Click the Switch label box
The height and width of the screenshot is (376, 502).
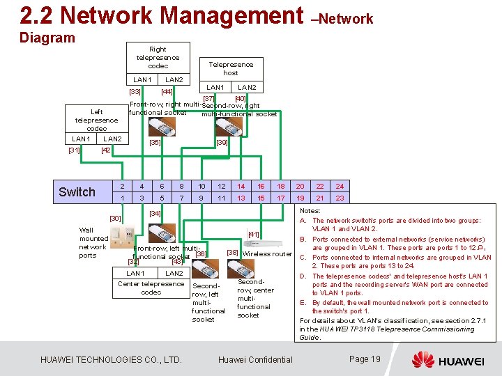click(x=77, y=192)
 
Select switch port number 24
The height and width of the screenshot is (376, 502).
click(x=340, y=186)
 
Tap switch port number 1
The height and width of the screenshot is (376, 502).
click(x=122, y=198)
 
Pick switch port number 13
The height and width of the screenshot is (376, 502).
click(x=241, y=198)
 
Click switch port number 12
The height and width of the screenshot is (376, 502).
click(x=222, y=186)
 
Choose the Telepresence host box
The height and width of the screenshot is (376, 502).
click(x=230, y=68)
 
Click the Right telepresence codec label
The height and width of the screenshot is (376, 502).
click(x=158, y=58)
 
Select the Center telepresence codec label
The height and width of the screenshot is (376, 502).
click(x=151, y=288)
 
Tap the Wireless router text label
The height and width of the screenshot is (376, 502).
click(x=267, y=254)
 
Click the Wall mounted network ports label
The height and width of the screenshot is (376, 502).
click(x=93, y=242)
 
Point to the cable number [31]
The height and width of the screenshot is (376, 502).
click(x=75, y=150)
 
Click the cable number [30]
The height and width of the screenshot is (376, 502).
click(x=116, y=218)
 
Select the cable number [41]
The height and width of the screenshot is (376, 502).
click(x=254, y=235)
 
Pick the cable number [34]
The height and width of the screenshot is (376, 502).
click(x=155, y=213)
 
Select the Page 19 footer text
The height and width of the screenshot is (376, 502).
click(x=364, y=359)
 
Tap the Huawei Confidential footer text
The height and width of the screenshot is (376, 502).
click(x=255, y=360)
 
